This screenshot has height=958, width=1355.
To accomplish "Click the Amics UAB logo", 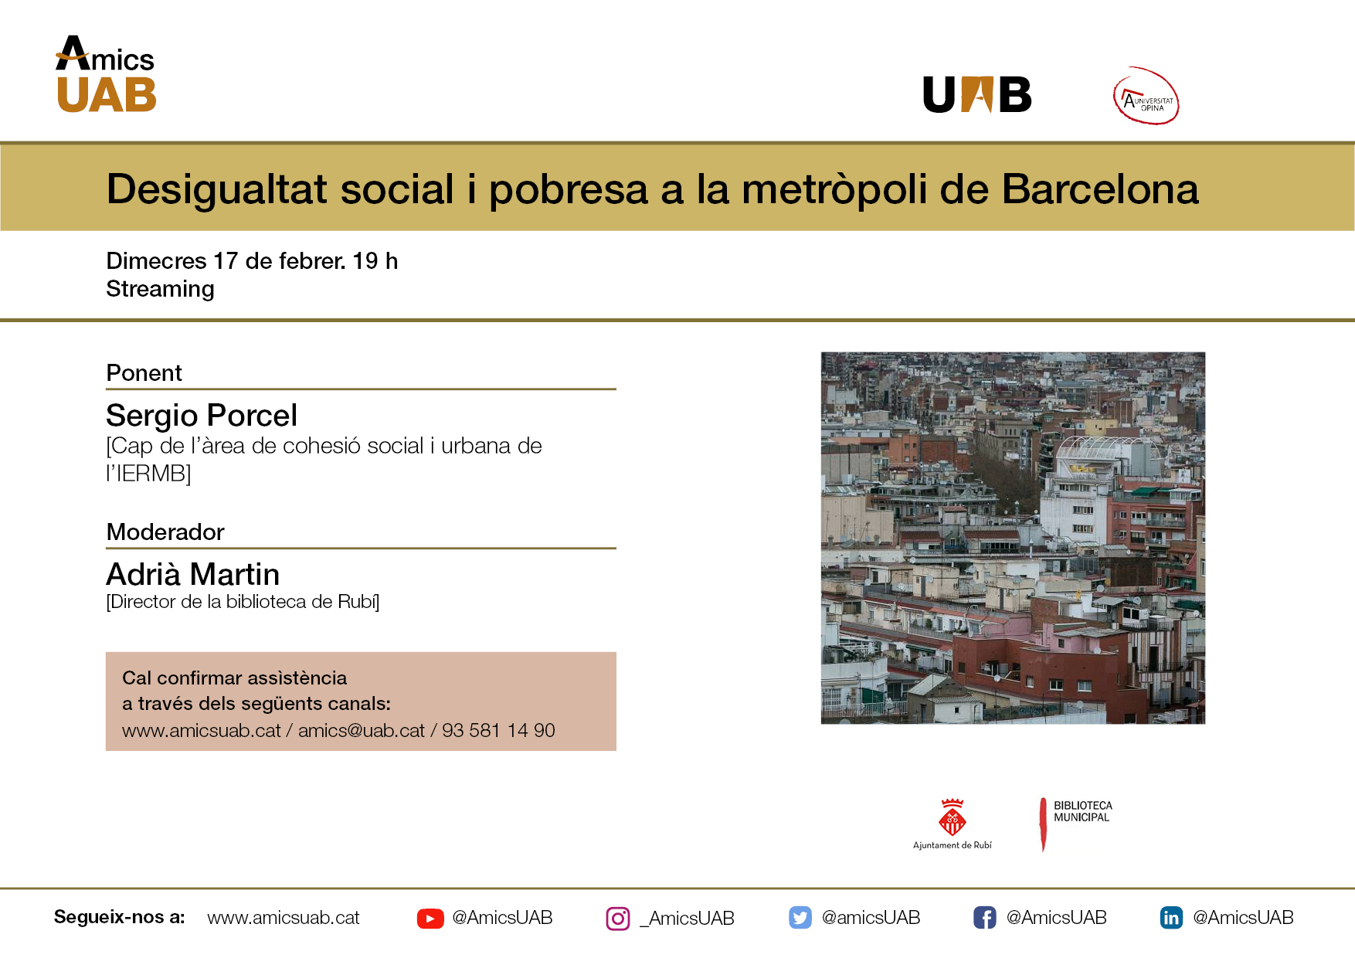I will coord(106,75).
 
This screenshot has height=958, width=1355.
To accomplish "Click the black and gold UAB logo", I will coord(977,95).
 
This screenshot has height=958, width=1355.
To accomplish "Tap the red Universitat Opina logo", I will coord(1146,97).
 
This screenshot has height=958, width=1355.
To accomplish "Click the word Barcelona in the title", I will coord(1100,189).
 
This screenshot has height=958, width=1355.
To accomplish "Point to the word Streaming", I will coord(160,289).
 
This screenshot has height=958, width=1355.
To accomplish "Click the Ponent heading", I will coord(144,373).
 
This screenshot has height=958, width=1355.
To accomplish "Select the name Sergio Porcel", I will coord(202,416).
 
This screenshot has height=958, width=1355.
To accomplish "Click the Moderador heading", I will coord(165,532).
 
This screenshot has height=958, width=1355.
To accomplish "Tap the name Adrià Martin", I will coord(192,575).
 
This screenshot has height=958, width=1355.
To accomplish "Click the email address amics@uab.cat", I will coord(362,731).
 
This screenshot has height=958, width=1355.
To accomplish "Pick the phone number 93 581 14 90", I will coord(498,731).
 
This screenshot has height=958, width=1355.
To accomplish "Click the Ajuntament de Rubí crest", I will coord(952,817).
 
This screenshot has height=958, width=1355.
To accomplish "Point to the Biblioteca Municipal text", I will coord(1082,811).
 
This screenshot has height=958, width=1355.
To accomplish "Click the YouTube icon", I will coord(430,918).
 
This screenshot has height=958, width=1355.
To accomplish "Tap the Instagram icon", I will coord(618,919).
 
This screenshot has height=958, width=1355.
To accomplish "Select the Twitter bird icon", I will coord(800,918).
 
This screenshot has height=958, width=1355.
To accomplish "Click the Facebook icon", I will coord(984,918).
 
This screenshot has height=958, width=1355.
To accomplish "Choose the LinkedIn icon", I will coord(1171,918).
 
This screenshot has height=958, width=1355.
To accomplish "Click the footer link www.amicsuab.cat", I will coord(284,918).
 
